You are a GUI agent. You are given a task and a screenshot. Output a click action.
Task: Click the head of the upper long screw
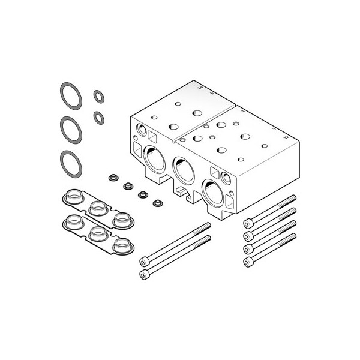click(144, 261)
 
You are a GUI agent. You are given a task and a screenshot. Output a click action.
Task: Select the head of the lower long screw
click(143, 275)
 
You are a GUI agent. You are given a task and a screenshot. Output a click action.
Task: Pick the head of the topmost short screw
click(247, 223)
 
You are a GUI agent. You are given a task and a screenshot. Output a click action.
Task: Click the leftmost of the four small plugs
click(111, 178)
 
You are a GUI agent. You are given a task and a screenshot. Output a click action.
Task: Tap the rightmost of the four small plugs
click(158, 203)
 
